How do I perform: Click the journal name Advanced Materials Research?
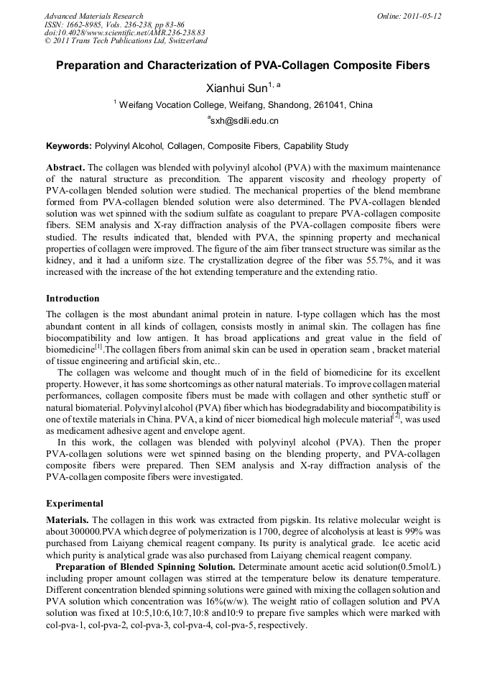(x=93, y=16)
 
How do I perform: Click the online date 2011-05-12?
(x=422, y=16)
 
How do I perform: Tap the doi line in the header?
(x=124, y=33)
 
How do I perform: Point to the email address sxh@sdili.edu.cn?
(x=243, y=121)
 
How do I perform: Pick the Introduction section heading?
(x=73, y=299)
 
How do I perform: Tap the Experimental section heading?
(x=75, y=504)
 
